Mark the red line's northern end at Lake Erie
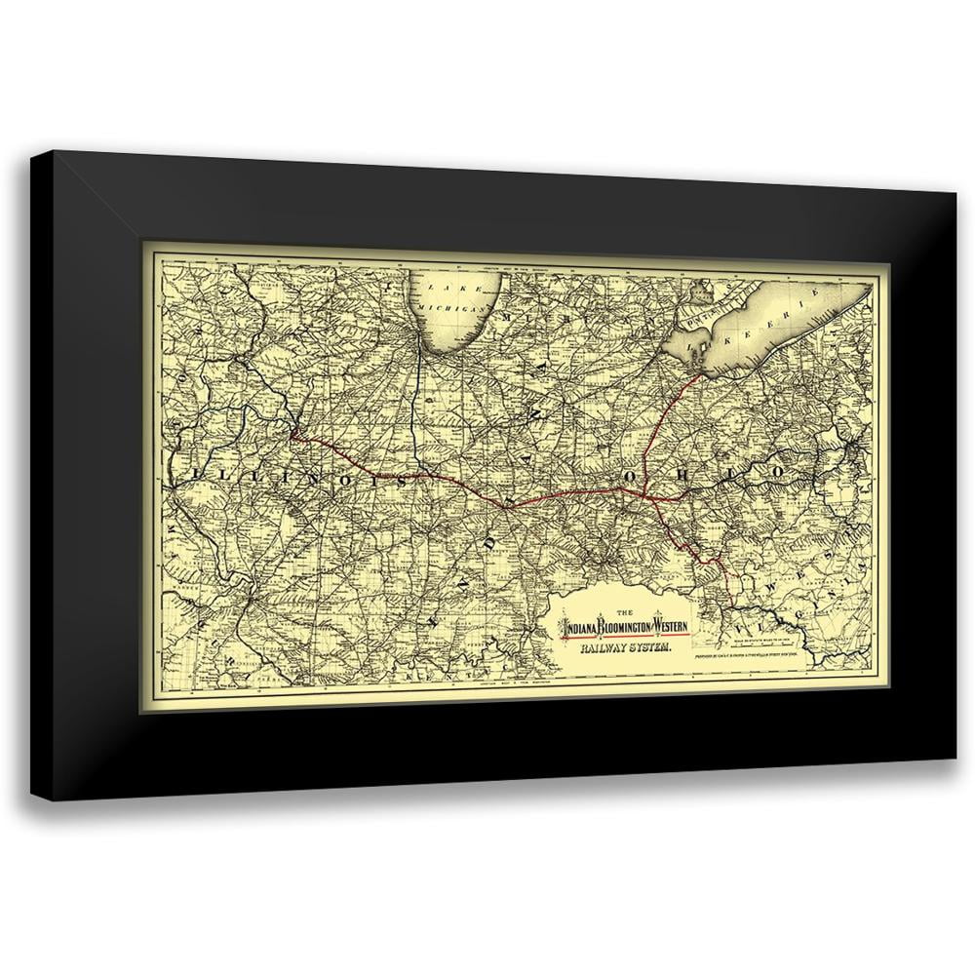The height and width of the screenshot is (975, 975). click(701, 371)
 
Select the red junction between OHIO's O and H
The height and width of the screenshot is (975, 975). click(651, 493)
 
